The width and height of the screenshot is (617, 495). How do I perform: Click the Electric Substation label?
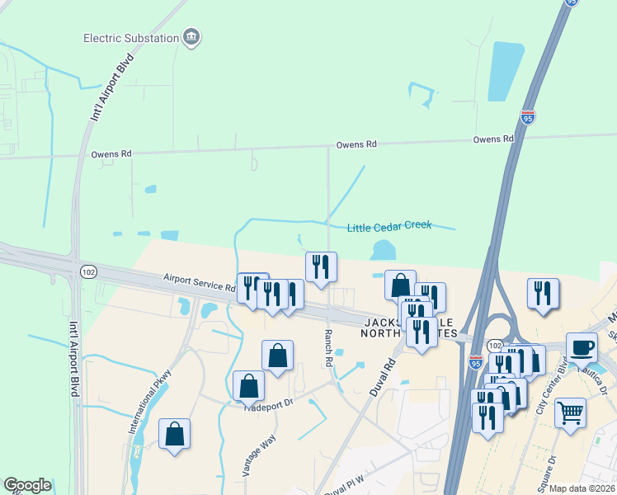pyautogui.click(x=131, y=38)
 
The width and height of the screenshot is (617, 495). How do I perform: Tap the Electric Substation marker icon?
pyautogui.click(x=192, y=37)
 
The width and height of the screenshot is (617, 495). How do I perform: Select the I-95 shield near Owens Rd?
pyautogui.click(x=528, y=118)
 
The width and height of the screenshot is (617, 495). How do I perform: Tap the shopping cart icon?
pyautogui.click(x=571, y=411)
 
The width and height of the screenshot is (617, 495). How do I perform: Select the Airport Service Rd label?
pyautogui.click(x=200, y=283)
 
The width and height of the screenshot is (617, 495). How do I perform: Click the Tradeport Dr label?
pyautogui.click(x=269, y=404)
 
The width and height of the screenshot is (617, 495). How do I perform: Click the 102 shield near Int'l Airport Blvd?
pyautogui.click(x=87, y=271)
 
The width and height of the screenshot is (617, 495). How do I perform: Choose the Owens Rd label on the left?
pyautogui.click(x=111, y=153)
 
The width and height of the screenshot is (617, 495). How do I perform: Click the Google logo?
pyautogui.click(x=27, y=485)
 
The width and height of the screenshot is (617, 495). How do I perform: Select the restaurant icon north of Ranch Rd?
pyautogui.click(x=321, y=266)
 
